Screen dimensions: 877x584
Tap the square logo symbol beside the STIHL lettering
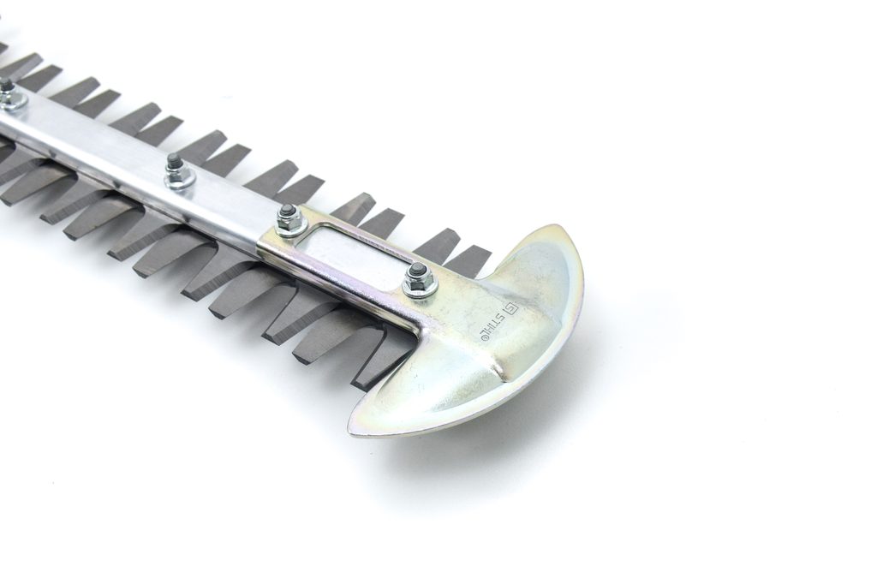click(510, 308)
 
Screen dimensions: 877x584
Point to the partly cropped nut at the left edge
click(8, 94)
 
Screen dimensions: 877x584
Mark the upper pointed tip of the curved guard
click(551, 229)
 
